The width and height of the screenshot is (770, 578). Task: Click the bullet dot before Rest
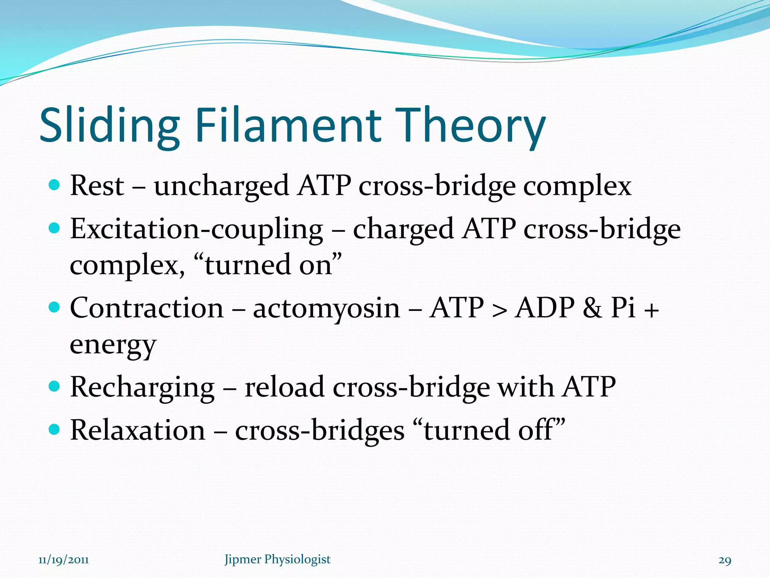coord(55,185)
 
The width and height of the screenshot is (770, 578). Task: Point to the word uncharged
coord(221,186)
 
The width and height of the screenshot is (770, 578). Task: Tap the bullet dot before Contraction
coord(55,307)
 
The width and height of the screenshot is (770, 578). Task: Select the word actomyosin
coord(326,309)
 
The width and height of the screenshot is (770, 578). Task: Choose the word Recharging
coord(142,388)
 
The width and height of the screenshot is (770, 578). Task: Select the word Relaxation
coord(138,430)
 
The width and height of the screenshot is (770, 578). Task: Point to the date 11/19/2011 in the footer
coord(64,560)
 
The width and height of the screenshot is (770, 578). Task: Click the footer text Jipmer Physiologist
coord(277,559)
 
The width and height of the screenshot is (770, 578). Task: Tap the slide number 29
coord(725,560)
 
